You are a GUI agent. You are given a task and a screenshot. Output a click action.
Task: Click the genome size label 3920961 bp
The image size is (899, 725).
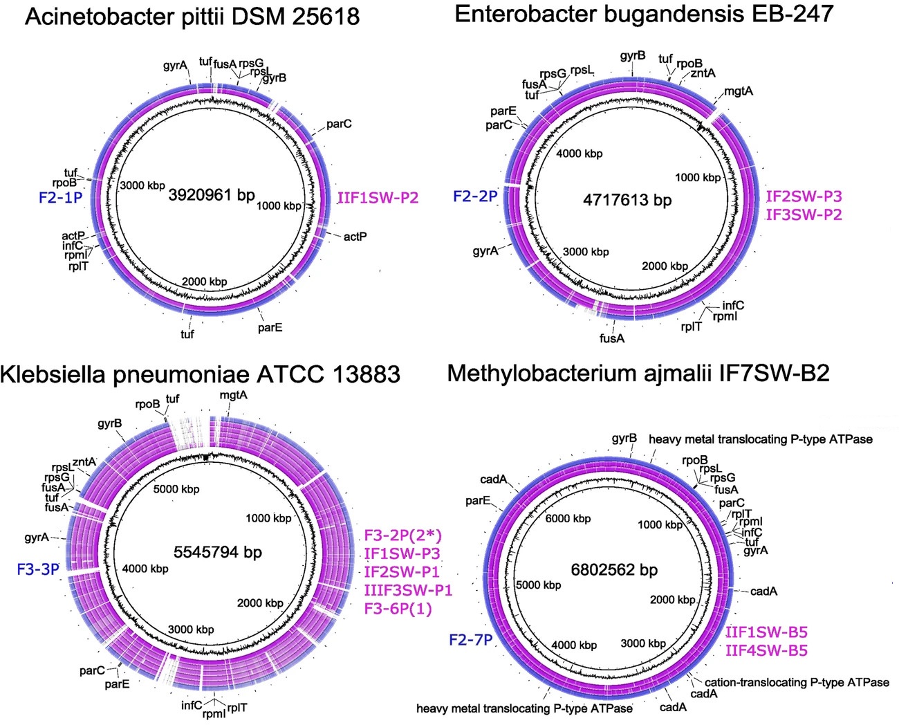212,195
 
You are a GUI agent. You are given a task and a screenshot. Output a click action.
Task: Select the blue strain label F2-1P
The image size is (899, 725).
61,198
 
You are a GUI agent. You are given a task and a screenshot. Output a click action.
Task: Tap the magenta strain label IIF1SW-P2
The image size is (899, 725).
378,198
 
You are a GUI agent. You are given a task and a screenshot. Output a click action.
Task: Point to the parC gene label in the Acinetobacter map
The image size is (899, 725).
339,124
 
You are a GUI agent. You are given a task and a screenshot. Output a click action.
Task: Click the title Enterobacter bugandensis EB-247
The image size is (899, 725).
644,14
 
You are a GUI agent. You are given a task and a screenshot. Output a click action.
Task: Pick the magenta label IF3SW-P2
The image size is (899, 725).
804,214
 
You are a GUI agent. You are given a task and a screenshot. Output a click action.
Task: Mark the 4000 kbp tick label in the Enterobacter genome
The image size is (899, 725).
579,154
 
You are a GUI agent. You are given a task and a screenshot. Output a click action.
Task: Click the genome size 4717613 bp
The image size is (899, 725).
627,201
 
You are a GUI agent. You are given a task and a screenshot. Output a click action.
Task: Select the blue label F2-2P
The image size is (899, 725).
475,196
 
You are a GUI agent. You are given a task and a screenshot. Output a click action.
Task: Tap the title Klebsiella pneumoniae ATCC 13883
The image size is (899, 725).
200,374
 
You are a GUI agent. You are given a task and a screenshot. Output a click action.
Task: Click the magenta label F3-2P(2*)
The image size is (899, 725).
403,535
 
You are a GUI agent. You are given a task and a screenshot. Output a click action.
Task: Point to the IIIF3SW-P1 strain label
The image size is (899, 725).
408,590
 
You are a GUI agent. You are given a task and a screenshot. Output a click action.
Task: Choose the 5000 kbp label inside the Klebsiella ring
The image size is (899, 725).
176,489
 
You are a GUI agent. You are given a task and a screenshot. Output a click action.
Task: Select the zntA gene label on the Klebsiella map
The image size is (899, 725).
84,462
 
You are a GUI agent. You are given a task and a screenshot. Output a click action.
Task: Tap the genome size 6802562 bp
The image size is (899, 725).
614,570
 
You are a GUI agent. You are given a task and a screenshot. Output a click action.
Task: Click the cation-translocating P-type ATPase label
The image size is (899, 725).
797,682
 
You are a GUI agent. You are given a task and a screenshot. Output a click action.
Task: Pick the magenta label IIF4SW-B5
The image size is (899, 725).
766,650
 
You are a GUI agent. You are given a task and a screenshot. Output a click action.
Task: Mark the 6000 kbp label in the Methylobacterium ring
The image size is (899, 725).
568,519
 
